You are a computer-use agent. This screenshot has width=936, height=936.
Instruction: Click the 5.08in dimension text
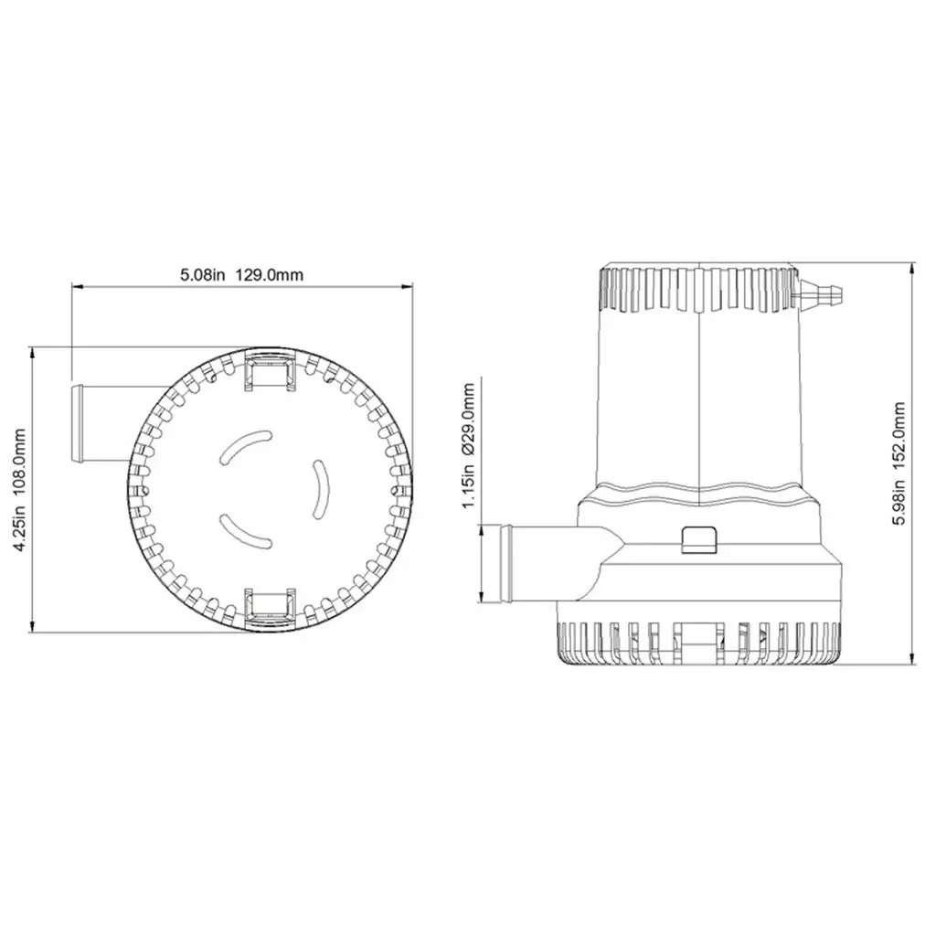[202, 274]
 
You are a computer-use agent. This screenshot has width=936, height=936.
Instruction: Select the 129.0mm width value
[270, 274]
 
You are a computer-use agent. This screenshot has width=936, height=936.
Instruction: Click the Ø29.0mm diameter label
[469, 420]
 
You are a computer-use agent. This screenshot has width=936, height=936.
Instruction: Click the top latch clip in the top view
[270, 371]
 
